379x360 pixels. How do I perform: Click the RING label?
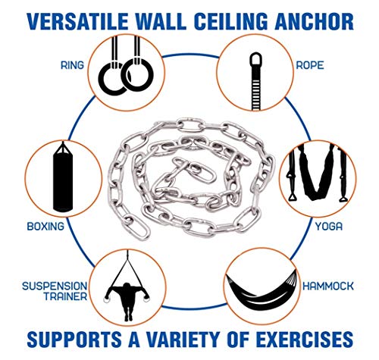click(x=72, y=65)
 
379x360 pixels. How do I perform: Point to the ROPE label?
click(x=310, y=65)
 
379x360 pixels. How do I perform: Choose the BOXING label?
click(x=45, y=226)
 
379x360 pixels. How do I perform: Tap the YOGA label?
click(x=329, y=227)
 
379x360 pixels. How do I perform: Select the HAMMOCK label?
click(x=328, y=286)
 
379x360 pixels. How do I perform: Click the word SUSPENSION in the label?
click(x=55, y=286)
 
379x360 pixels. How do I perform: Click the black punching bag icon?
click(x=63, y=177)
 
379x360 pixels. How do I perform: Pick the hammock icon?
click(x=262, y=290)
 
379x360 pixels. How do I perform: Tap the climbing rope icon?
click(x=255, y=81)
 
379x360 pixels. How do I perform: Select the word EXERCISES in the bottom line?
click(x=305, y=339)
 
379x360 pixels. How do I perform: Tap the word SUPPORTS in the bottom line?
click(x=74, y=339)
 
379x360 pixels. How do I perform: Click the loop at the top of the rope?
click(x=255, y=59)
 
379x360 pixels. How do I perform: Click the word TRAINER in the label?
click(x=65, y=296)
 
